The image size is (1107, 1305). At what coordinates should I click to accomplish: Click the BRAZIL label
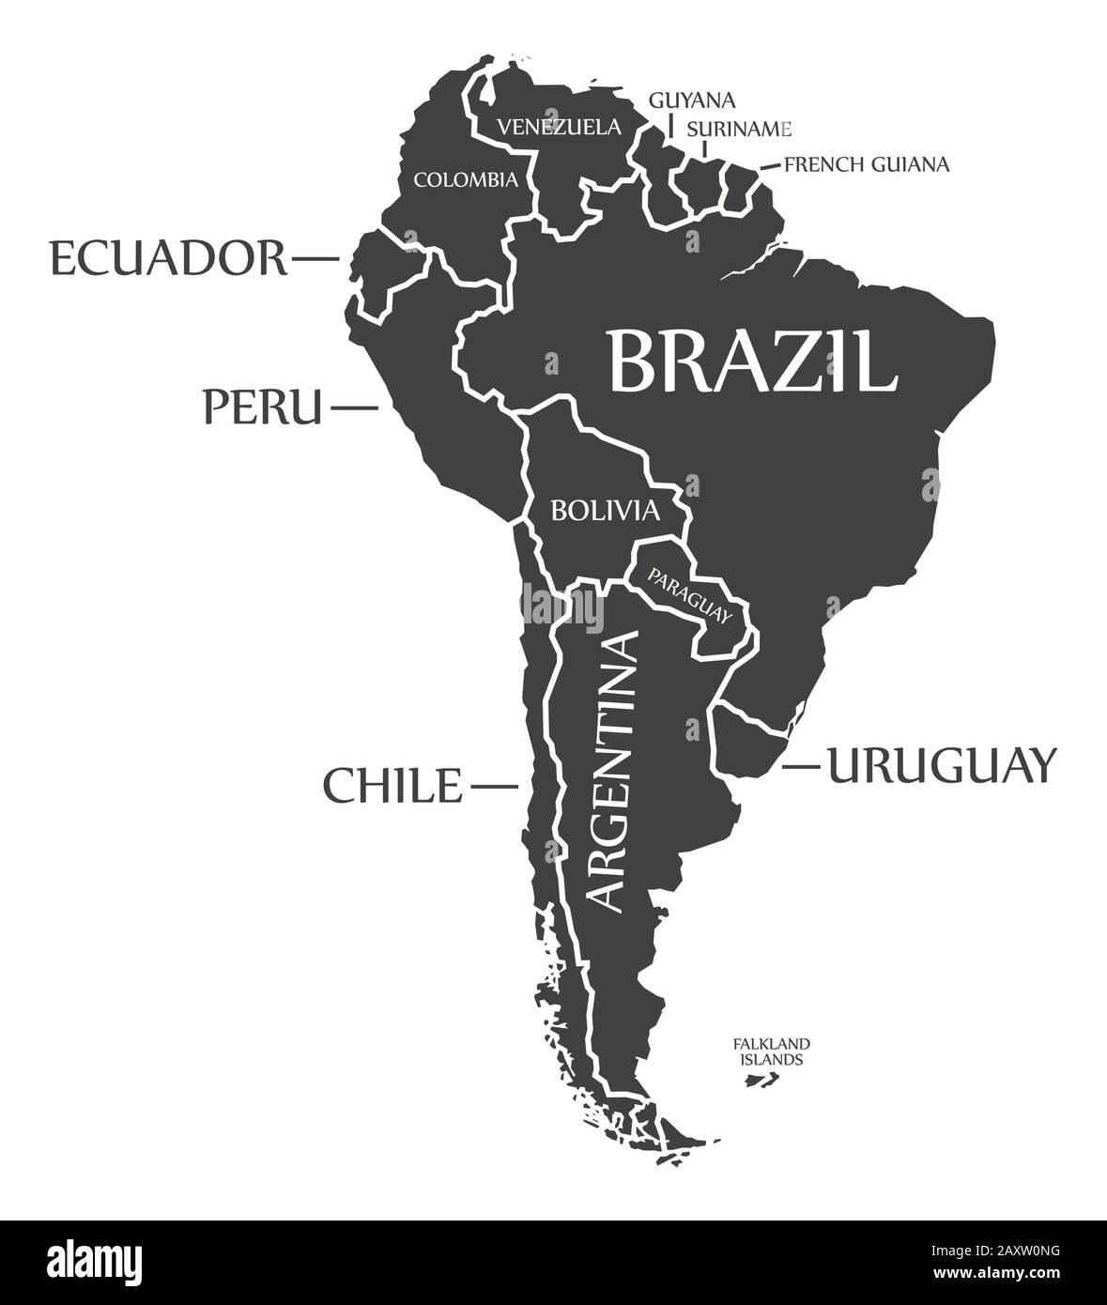[x=752, y=360]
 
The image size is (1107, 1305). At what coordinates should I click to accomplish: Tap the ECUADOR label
[x=168, y=257]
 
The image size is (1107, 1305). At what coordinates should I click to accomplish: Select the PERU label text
[x=262, y=407]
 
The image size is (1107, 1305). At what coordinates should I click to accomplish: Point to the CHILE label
[x=393, y=785]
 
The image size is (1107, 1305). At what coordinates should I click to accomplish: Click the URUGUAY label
[x=941, y=765]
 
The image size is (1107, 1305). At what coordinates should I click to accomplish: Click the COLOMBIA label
[x=466, y=178]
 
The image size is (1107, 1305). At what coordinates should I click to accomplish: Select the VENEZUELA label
[x=559, y=127]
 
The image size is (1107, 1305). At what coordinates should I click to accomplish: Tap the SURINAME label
[x=739, y=128]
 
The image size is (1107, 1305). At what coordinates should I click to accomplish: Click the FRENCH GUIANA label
[x=867, y=164]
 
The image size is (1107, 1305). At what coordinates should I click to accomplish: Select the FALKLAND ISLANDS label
[x=772, y=1052]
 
